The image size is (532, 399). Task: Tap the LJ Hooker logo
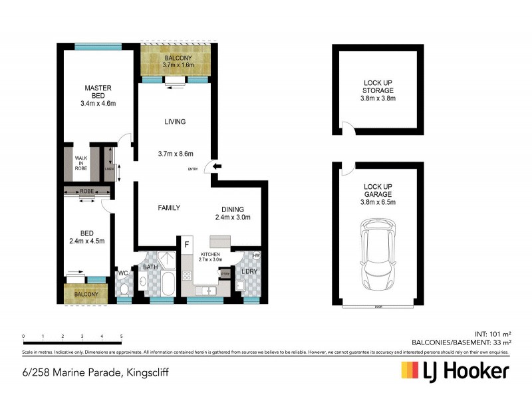coord(455,370)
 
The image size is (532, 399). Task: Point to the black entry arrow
coord(219,167)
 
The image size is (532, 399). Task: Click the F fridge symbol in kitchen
coord(187,245)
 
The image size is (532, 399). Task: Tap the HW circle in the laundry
coord(257,255)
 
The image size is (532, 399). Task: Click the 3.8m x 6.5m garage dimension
coord(378,202)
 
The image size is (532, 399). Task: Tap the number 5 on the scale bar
coord(121,336)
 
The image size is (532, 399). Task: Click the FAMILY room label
coord(169,207)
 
